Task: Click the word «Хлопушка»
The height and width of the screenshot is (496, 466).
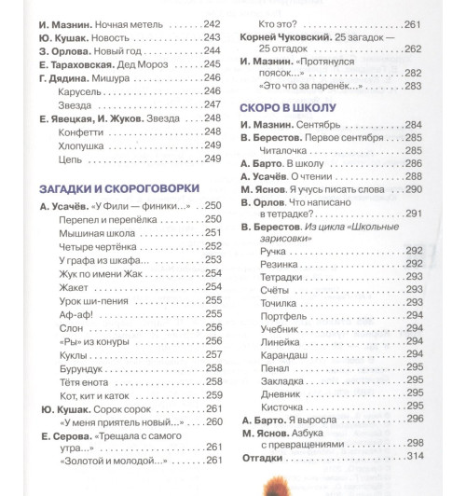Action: coord(85,146)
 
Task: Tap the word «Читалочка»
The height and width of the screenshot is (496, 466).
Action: coord(290,150)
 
